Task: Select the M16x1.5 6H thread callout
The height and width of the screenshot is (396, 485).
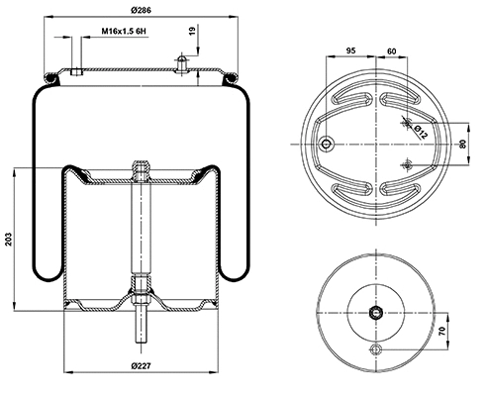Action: (x=125, y=32)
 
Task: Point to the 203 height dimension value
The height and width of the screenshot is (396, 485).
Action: (x=9, y=238)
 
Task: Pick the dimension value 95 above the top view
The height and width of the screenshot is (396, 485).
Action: (x=350, y=49)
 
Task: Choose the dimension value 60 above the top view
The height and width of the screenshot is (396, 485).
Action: (x=391, y=49)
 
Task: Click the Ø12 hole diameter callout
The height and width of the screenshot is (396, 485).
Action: (x=420, y=130)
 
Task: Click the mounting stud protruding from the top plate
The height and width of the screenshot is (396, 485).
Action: (x=183, y=63)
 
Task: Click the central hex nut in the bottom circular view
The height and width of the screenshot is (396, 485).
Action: (x=376, y=314)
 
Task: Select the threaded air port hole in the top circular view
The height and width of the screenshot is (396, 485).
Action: (x=327, y=145)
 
